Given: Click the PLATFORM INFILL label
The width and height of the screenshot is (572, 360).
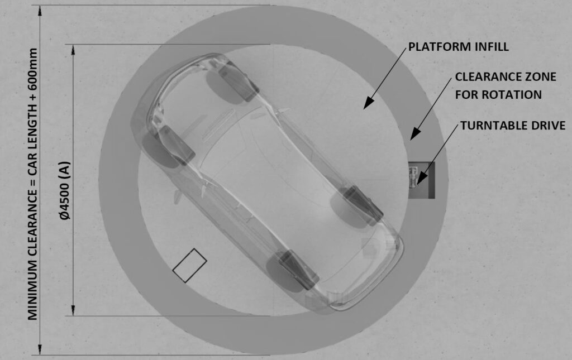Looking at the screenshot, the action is [x=458, y=47].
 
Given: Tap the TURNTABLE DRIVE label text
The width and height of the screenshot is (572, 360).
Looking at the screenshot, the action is [x=513, y=126].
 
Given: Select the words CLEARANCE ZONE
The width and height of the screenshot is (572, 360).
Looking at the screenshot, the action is [x=506, y=77].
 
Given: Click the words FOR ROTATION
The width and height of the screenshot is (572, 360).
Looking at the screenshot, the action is [x=498, y=95].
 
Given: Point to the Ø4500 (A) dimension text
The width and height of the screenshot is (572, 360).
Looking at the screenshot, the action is [x=65, y=190].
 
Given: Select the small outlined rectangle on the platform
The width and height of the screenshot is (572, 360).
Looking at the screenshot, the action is [x=190, y=265].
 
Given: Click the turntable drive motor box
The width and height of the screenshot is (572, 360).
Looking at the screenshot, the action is [x=422, y=180].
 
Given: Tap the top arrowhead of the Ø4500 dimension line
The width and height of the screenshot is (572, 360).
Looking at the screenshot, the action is [x=73, y=50].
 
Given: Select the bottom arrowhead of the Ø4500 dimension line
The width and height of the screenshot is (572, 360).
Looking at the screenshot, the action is [x=73, y=310].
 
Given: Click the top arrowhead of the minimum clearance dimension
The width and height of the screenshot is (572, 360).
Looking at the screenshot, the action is [x=40, y=11].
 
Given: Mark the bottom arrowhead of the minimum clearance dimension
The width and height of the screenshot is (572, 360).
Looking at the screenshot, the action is [x=40, y=349].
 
